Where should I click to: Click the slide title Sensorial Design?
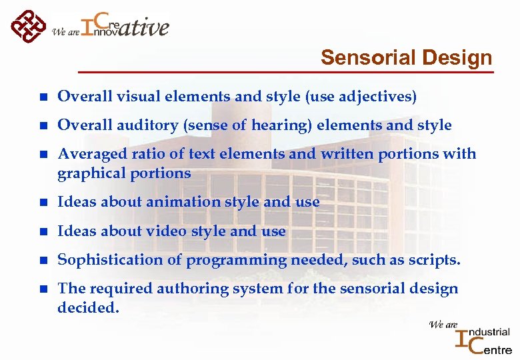(406, 58)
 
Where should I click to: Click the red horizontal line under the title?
(287, 71)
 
